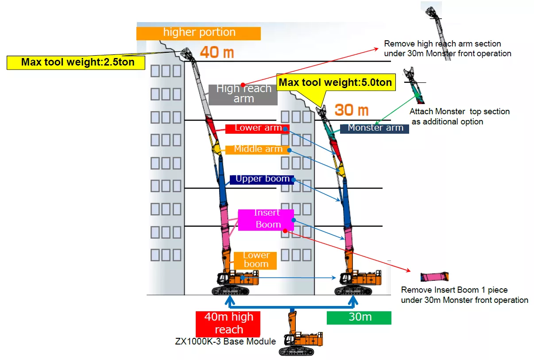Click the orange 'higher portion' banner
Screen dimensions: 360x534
(x=198, y=33)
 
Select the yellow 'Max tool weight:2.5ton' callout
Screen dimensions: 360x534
(x=76, y=62)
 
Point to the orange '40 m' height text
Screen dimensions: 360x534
(x=217, y=52)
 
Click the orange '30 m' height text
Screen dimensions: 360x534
(x=352, y=109)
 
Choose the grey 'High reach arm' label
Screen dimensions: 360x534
(x=243, y=94)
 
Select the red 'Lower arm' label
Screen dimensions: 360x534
(x=257, y=128)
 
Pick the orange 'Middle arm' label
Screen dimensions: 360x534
(x=257, y=149)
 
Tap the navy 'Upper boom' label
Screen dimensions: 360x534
(x=262, y=179)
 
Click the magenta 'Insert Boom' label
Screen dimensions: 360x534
(x=266, y=219)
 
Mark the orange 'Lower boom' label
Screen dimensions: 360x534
(x=255, y=260)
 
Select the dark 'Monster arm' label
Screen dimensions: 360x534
(x=375, y=128)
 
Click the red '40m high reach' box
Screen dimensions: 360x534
(x=228, y=323)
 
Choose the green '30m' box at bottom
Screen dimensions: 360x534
(x=359, y=317)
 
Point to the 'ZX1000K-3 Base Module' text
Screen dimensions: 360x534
(x=226, y=341)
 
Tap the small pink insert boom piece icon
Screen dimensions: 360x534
(x=434, y=277)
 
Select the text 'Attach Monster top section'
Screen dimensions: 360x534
(x=459, y=112)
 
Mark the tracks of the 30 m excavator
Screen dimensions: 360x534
(x=353, y=290)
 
